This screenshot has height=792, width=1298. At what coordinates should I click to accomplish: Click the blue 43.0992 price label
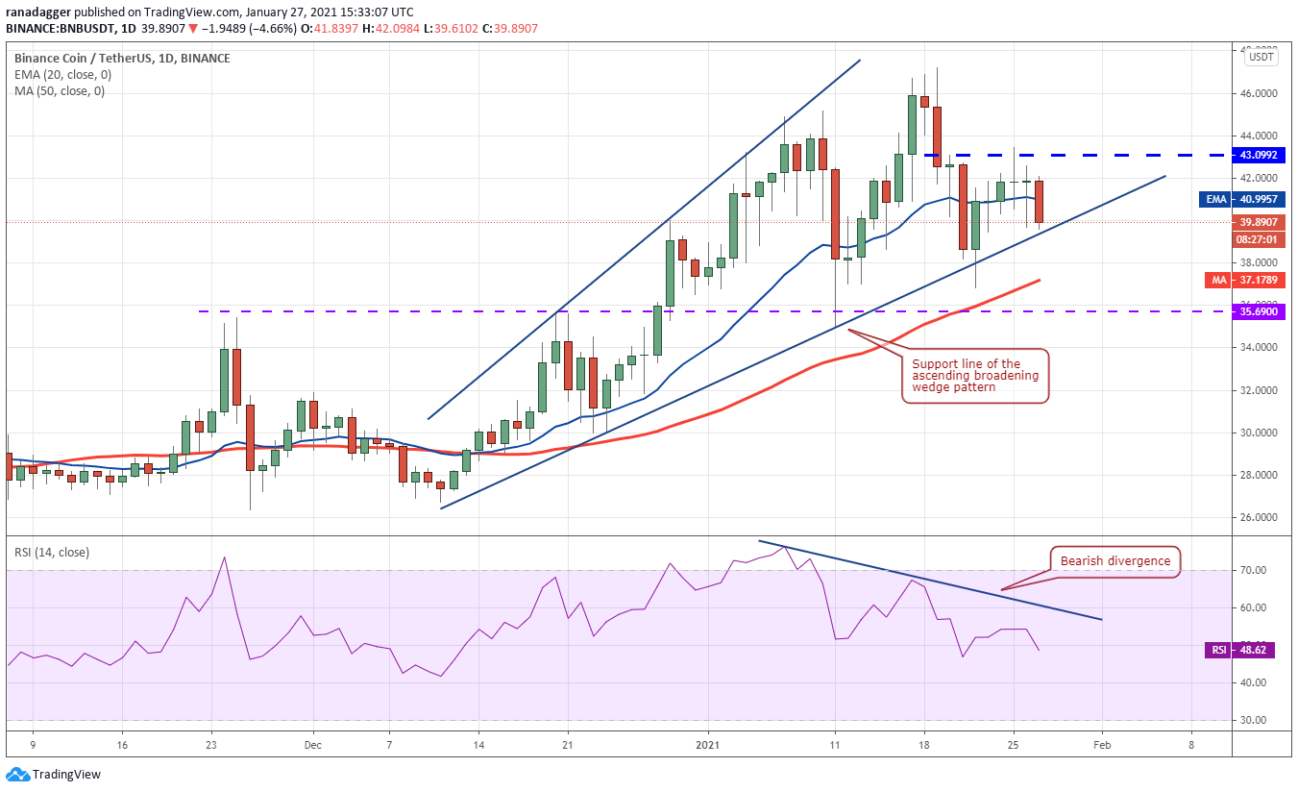tap(1258, 156)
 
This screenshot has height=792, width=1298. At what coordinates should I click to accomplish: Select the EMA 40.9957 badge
tap(1242, 200)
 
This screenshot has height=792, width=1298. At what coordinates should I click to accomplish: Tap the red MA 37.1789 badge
tap(1245, 280)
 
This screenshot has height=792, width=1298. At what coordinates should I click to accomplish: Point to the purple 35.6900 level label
tap(1258, 311)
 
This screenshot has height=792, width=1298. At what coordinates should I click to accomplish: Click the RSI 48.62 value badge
tap(1239, 650)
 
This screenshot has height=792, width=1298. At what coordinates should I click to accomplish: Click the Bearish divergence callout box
tap(1115, 561)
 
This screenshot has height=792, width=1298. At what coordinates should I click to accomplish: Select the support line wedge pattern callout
tap(975, 376)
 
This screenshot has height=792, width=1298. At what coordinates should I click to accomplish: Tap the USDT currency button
tap(1261, 57)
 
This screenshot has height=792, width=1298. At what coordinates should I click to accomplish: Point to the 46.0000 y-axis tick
tap(1258, 93)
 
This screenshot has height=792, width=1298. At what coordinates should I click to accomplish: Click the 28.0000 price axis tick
tap(1258, 475)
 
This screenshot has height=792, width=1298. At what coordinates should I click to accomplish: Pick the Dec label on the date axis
tap(312, 745)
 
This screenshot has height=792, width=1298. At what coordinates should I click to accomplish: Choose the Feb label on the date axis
tap(1102, 745)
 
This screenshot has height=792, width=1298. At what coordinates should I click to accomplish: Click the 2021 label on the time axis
tap(707, 745)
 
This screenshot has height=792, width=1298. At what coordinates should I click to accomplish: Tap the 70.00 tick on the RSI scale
tap(1252, 571)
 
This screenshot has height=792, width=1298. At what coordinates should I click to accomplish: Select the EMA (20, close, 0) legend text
tap(62, 75)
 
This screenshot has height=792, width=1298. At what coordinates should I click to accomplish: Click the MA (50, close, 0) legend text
tap(60, 91)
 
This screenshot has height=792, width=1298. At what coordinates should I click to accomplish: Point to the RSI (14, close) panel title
tap(52, 553)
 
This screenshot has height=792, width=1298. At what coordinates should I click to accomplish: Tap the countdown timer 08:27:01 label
tap(1258, 239)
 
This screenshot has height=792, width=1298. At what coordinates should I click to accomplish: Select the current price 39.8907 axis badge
tap(1258, 223)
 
